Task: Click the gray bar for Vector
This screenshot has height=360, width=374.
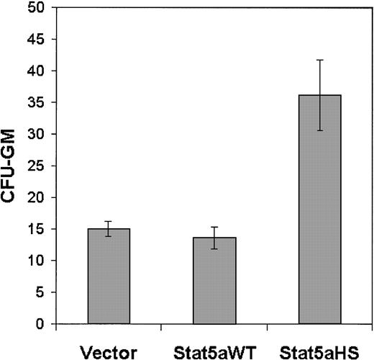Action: (x=109, y=276)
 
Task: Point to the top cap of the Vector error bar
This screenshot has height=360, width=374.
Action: (x=109, y=221)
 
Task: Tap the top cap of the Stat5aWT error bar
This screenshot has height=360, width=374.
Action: (x=214, y=227)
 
